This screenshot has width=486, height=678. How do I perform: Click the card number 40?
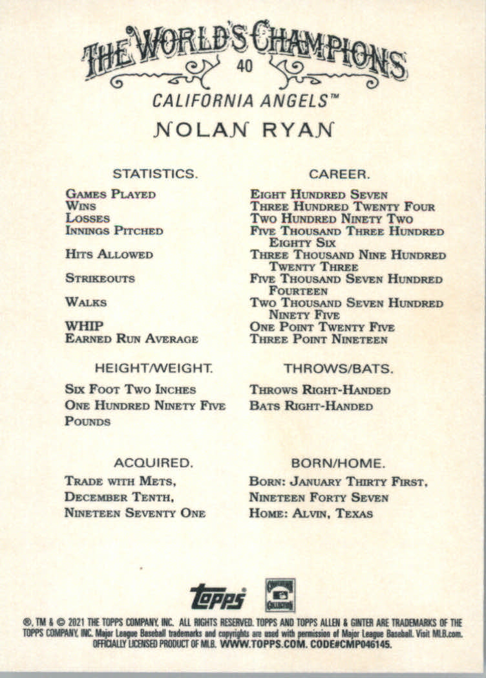(244, 66)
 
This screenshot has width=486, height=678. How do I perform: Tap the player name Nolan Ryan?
(244, 128)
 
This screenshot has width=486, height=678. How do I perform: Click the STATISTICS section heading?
(154, 173)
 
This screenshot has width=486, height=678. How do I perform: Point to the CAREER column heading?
(339, 173)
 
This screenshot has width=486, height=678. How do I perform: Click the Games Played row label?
(111, 194)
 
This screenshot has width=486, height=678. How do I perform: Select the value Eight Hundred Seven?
(319, 194)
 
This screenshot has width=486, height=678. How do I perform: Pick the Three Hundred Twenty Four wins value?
(343, 206)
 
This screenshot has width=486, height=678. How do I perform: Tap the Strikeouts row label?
(100, 278)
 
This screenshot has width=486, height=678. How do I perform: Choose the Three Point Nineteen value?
(319, 339)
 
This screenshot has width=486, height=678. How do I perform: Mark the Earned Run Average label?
(131, 339)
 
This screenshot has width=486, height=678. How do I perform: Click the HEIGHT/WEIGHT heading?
(154, 368)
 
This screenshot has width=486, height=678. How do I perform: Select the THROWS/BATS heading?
(338, 368)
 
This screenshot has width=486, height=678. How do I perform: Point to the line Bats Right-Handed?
(311, 406)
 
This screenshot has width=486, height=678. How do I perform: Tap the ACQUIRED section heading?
(153, 463)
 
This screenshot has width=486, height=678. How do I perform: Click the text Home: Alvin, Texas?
(311, 514)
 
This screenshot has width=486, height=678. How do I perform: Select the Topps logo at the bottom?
(218, 596)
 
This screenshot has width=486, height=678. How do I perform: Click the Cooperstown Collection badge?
(280, 595)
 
